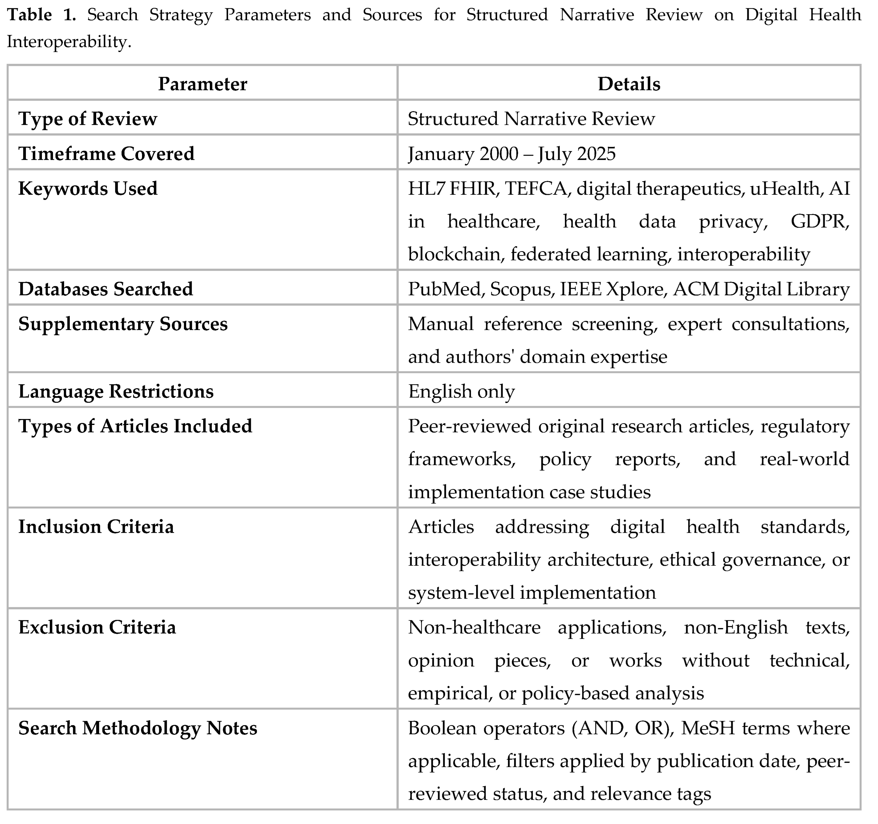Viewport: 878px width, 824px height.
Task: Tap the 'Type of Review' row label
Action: click(88, 119)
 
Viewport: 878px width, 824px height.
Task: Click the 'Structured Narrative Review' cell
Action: click(531, 119)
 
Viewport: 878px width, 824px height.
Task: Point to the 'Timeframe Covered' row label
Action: click(106, 154)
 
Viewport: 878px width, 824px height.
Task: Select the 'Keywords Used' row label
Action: click(88, 189)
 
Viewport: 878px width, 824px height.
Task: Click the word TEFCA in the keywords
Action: click(535, 189)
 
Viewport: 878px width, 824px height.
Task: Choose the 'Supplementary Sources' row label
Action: click(123, 324)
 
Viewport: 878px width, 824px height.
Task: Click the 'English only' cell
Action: click(461, 392)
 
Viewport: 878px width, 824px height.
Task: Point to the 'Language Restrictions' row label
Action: click(116, 392)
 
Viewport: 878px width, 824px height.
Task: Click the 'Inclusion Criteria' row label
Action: click(96, 527)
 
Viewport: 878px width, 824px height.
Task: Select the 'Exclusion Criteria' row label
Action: click(97, 627)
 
